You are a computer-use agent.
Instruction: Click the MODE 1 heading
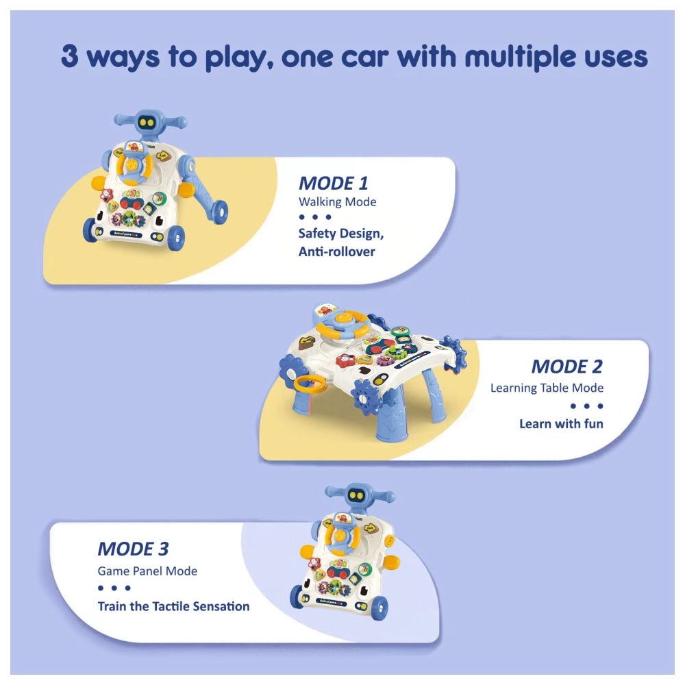point(333,183)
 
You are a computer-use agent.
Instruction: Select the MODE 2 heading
point(566,366)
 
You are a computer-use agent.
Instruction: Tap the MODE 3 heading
point(133,549)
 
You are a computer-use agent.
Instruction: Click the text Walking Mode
point(337,202)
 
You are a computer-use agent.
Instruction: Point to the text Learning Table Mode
point(547,388)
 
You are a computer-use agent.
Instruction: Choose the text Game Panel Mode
point(147,571)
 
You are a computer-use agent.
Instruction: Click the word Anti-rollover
point(337,251)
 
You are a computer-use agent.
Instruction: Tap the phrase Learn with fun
point(561,423)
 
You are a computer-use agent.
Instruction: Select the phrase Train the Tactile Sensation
point(173,606)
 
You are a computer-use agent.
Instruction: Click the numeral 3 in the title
point(69,58)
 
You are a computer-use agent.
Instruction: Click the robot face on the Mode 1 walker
point(145,123)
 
